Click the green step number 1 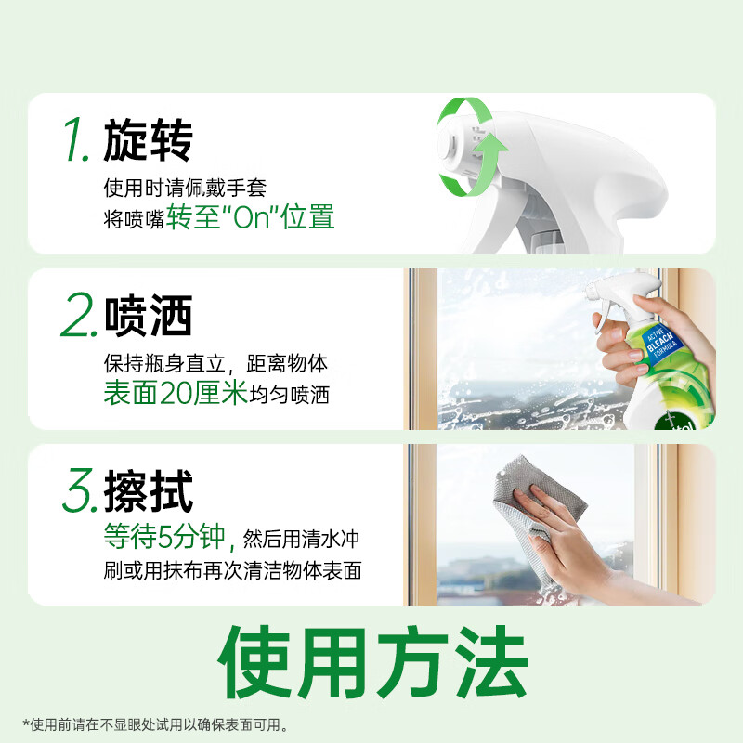click(x=78, y=140)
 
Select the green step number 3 click(x=79, y=491)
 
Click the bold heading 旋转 click(x=148, y=140)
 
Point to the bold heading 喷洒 click(x=148, y=317)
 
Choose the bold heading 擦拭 click(x=148, y=491)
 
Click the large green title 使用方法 click(x=371, y=664)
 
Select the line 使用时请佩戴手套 click(x=185, y=188)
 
